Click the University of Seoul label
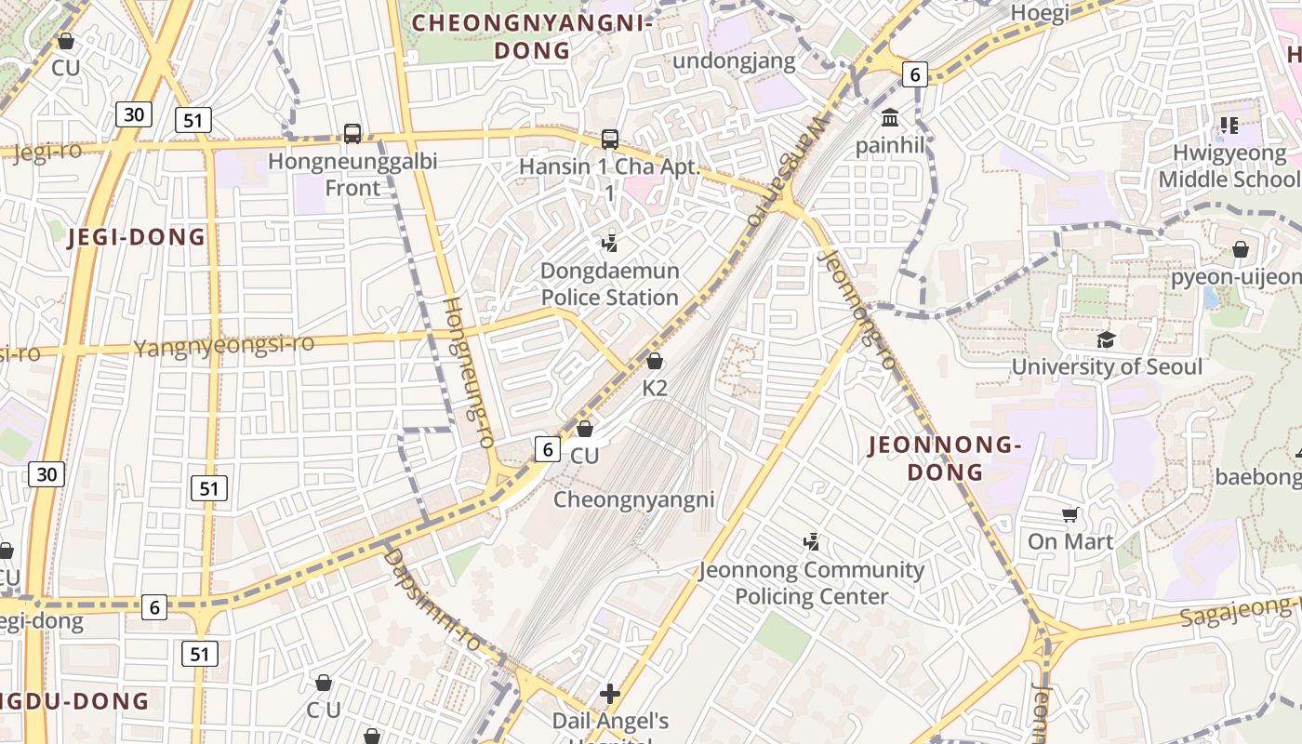click(1106, 366)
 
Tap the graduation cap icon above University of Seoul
click(1106, 340)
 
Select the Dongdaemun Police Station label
click(609, 285)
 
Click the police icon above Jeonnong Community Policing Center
click(811, 541)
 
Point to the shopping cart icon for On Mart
click(1070, 514)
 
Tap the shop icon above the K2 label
click(655, 361)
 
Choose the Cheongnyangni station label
click(633, 499)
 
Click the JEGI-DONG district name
click(137, 237)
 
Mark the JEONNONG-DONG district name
click(945, 458)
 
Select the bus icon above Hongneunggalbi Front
click(352, 134)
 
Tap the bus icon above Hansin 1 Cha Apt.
click(609, 139)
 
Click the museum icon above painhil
click(890, 118)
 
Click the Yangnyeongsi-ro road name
click(224, 346)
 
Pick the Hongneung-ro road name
click(469, 372)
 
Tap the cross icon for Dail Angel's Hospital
click(610, 694)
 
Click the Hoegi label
click(1039, 13)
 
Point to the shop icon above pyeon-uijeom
click(1241, 249)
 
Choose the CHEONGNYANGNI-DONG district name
click(532, 36)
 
